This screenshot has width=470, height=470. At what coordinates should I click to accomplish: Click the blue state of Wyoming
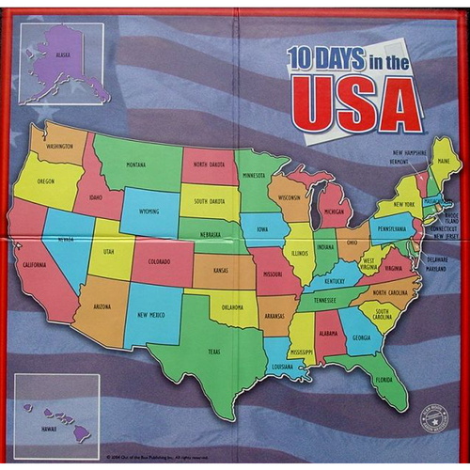[x=149, y=212]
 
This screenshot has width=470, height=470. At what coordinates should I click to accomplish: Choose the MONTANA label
[x=136, y=164]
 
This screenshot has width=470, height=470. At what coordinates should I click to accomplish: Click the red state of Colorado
[x=160, y=262]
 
